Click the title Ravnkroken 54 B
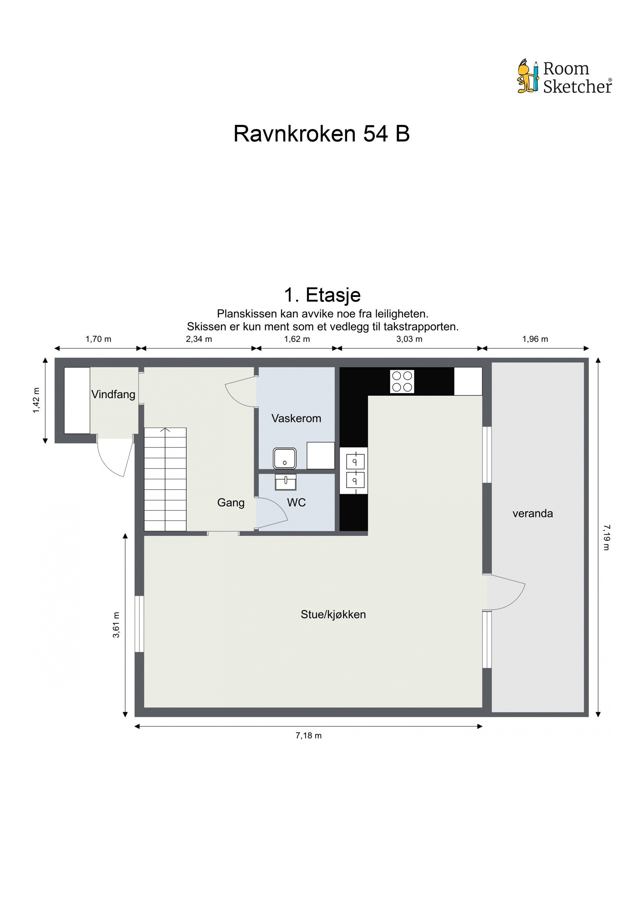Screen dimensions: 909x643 [x=321, y=134]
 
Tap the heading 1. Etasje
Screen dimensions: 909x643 [x=322, y=295]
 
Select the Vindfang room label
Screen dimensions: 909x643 [x=113, y=394]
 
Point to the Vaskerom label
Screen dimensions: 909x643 [x=296, y=418]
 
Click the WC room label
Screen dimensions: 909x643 [x=296, y=502]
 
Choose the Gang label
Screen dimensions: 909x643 [x=231, y=502]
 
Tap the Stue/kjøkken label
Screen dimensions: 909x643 [x=333, y=614]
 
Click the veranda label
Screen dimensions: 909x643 [x=532, y=513]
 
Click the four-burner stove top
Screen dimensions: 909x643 [x=402, y=381]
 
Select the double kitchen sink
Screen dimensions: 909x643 [x=354, y=470]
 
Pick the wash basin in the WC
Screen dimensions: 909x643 [x=285, y=482]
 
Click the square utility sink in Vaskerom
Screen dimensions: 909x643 [x=285, y=458]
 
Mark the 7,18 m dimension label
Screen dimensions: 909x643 [x=308, y=735]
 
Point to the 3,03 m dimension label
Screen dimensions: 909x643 [x=409, y=339]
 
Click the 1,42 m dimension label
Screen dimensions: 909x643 [x=37, y=400]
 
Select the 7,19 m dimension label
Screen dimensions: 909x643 [x=606, y=537]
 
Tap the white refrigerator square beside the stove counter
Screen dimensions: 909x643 [x=468, y=381]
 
